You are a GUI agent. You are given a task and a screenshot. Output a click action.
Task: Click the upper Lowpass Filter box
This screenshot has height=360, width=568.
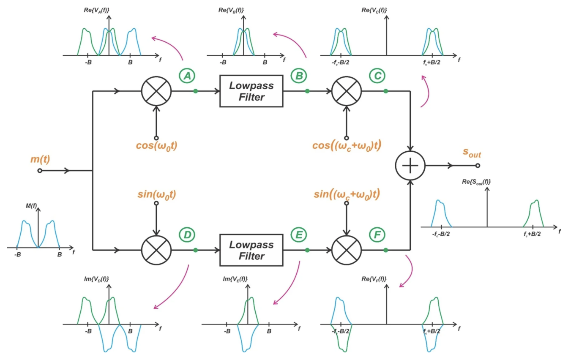[x=251, y=91]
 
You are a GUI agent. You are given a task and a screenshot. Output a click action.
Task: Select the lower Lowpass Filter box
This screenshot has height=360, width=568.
[x=251, y=250]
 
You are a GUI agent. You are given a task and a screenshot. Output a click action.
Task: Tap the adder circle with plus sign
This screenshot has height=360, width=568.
[x=410, y=165]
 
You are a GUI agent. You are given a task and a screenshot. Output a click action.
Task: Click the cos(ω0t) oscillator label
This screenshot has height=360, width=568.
[x=156, y=147]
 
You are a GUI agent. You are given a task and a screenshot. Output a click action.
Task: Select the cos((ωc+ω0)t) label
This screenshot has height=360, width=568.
[x=347, y=147]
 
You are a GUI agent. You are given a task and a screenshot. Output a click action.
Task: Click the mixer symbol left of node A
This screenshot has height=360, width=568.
[x=156, y=91]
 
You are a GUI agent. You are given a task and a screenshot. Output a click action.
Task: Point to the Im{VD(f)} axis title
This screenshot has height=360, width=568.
[x=97, y=279]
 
